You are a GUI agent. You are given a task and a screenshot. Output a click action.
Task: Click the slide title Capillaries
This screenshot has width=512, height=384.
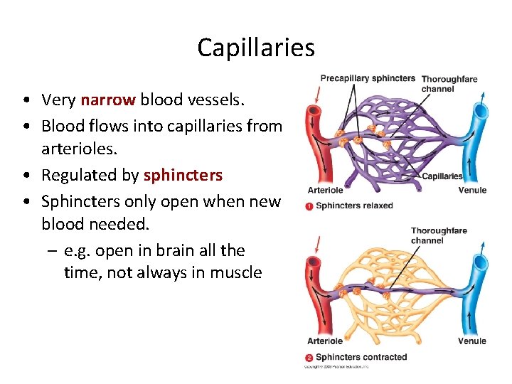pyautogui.click(x=256, y=48)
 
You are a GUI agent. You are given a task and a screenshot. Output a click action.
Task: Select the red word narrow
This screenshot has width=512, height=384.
pyautogui.click(x=108, y=100)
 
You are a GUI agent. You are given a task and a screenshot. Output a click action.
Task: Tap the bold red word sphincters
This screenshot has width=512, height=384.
pyautogui.click(x=183, y=175)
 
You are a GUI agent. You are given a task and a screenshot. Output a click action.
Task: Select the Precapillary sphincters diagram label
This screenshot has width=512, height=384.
pyautogui.click(x=368, y=78)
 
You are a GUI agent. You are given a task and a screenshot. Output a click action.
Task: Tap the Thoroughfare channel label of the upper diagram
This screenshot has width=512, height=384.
pyautogui.click(x=449, y=83)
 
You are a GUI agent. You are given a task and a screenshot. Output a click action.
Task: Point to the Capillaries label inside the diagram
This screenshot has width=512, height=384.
pyautogui.click(x=442, y=176)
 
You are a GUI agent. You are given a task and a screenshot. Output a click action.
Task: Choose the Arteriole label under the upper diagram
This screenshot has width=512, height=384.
pyautogui.click(x=325, y=191)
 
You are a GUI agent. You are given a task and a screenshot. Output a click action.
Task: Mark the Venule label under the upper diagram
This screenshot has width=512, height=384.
pyautogui.click(x=472, y=191)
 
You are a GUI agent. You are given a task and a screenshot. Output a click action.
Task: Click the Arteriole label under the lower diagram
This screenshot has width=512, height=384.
pyautogui.click(x=325, y=341)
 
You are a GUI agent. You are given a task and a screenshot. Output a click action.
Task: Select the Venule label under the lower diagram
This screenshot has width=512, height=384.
pyautogui.click(x=472, y=341)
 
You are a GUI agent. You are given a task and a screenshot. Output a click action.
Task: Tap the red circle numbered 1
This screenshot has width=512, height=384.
pyautogui.click(x=309, y=206)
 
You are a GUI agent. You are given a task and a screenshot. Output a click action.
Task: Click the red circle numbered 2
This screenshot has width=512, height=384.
pyautogui.click(x=309, y=357)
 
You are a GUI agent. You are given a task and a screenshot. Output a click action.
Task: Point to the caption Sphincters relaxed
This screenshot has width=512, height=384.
pyautogui.click(x=354, y=206)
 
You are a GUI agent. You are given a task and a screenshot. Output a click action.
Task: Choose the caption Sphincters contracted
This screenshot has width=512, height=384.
pyautogui.click(x=361, y=357)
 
